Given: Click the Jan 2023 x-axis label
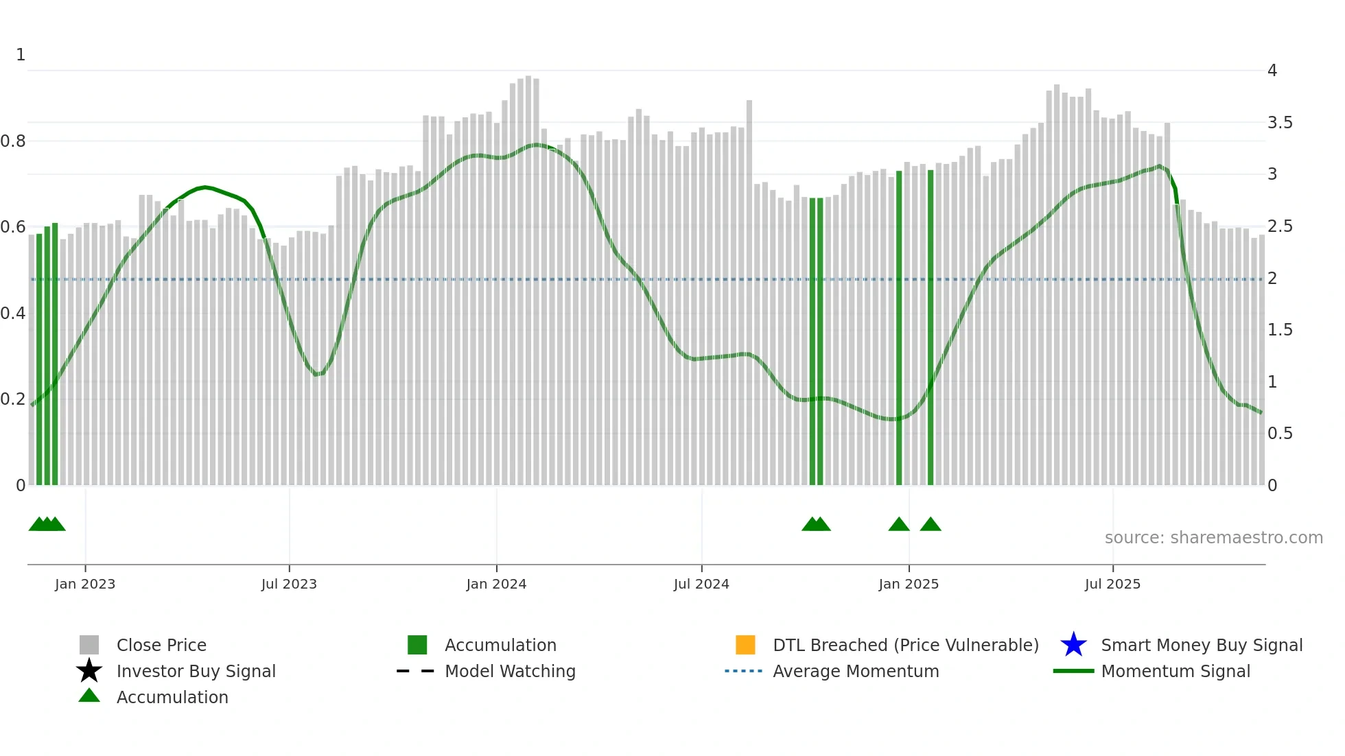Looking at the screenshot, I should click(x=85, y=584).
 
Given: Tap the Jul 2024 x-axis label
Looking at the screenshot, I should click(x=701, y=584).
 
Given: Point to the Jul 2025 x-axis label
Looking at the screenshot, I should click(x=1112, y=584).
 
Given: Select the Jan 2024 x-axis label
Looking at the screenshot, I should click(x=496, y=584).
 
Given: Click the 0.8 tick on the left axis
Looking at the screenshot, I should click(x=13, y=141).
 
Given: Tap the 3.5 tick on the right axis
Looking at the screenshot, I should click(x=1280, y=123).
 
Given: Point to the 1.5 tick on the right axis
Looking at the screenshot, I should click(x=1280, y=330).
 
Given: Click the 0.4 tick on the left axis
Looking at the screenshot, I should click(x=13, y=314).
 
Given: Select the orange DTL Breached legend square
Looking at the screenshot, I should click(x=745, y=645).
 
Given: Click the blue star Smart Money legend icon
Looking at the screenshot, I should click(x=1073, y=645).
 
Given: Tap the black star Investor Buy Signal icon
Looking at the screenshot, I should click(x=89, y=671).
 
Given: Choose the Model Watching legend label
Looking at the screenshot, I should click(x=510, y=671).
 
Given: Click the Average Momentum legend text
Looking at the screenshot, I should click(x=856, y=671).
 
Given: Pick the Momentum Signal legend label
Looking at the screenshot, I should click(x=1176, y=671).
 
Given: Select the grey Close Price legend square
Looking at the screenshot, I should click(x=89, y=645).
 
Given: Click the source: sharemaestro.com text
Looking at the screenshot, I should click(x=1213, y=538).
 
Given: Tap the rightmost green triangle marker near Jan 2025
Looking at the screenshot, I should click(x=931, y=525).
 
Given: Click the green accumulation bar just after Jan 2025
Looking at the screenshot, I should click(x=931, y=329).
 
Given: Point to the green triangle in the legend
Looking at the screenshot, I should click(x=89, y=696).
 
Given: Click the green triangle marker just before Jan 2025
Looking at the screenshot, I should click(x=899, y=525).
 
